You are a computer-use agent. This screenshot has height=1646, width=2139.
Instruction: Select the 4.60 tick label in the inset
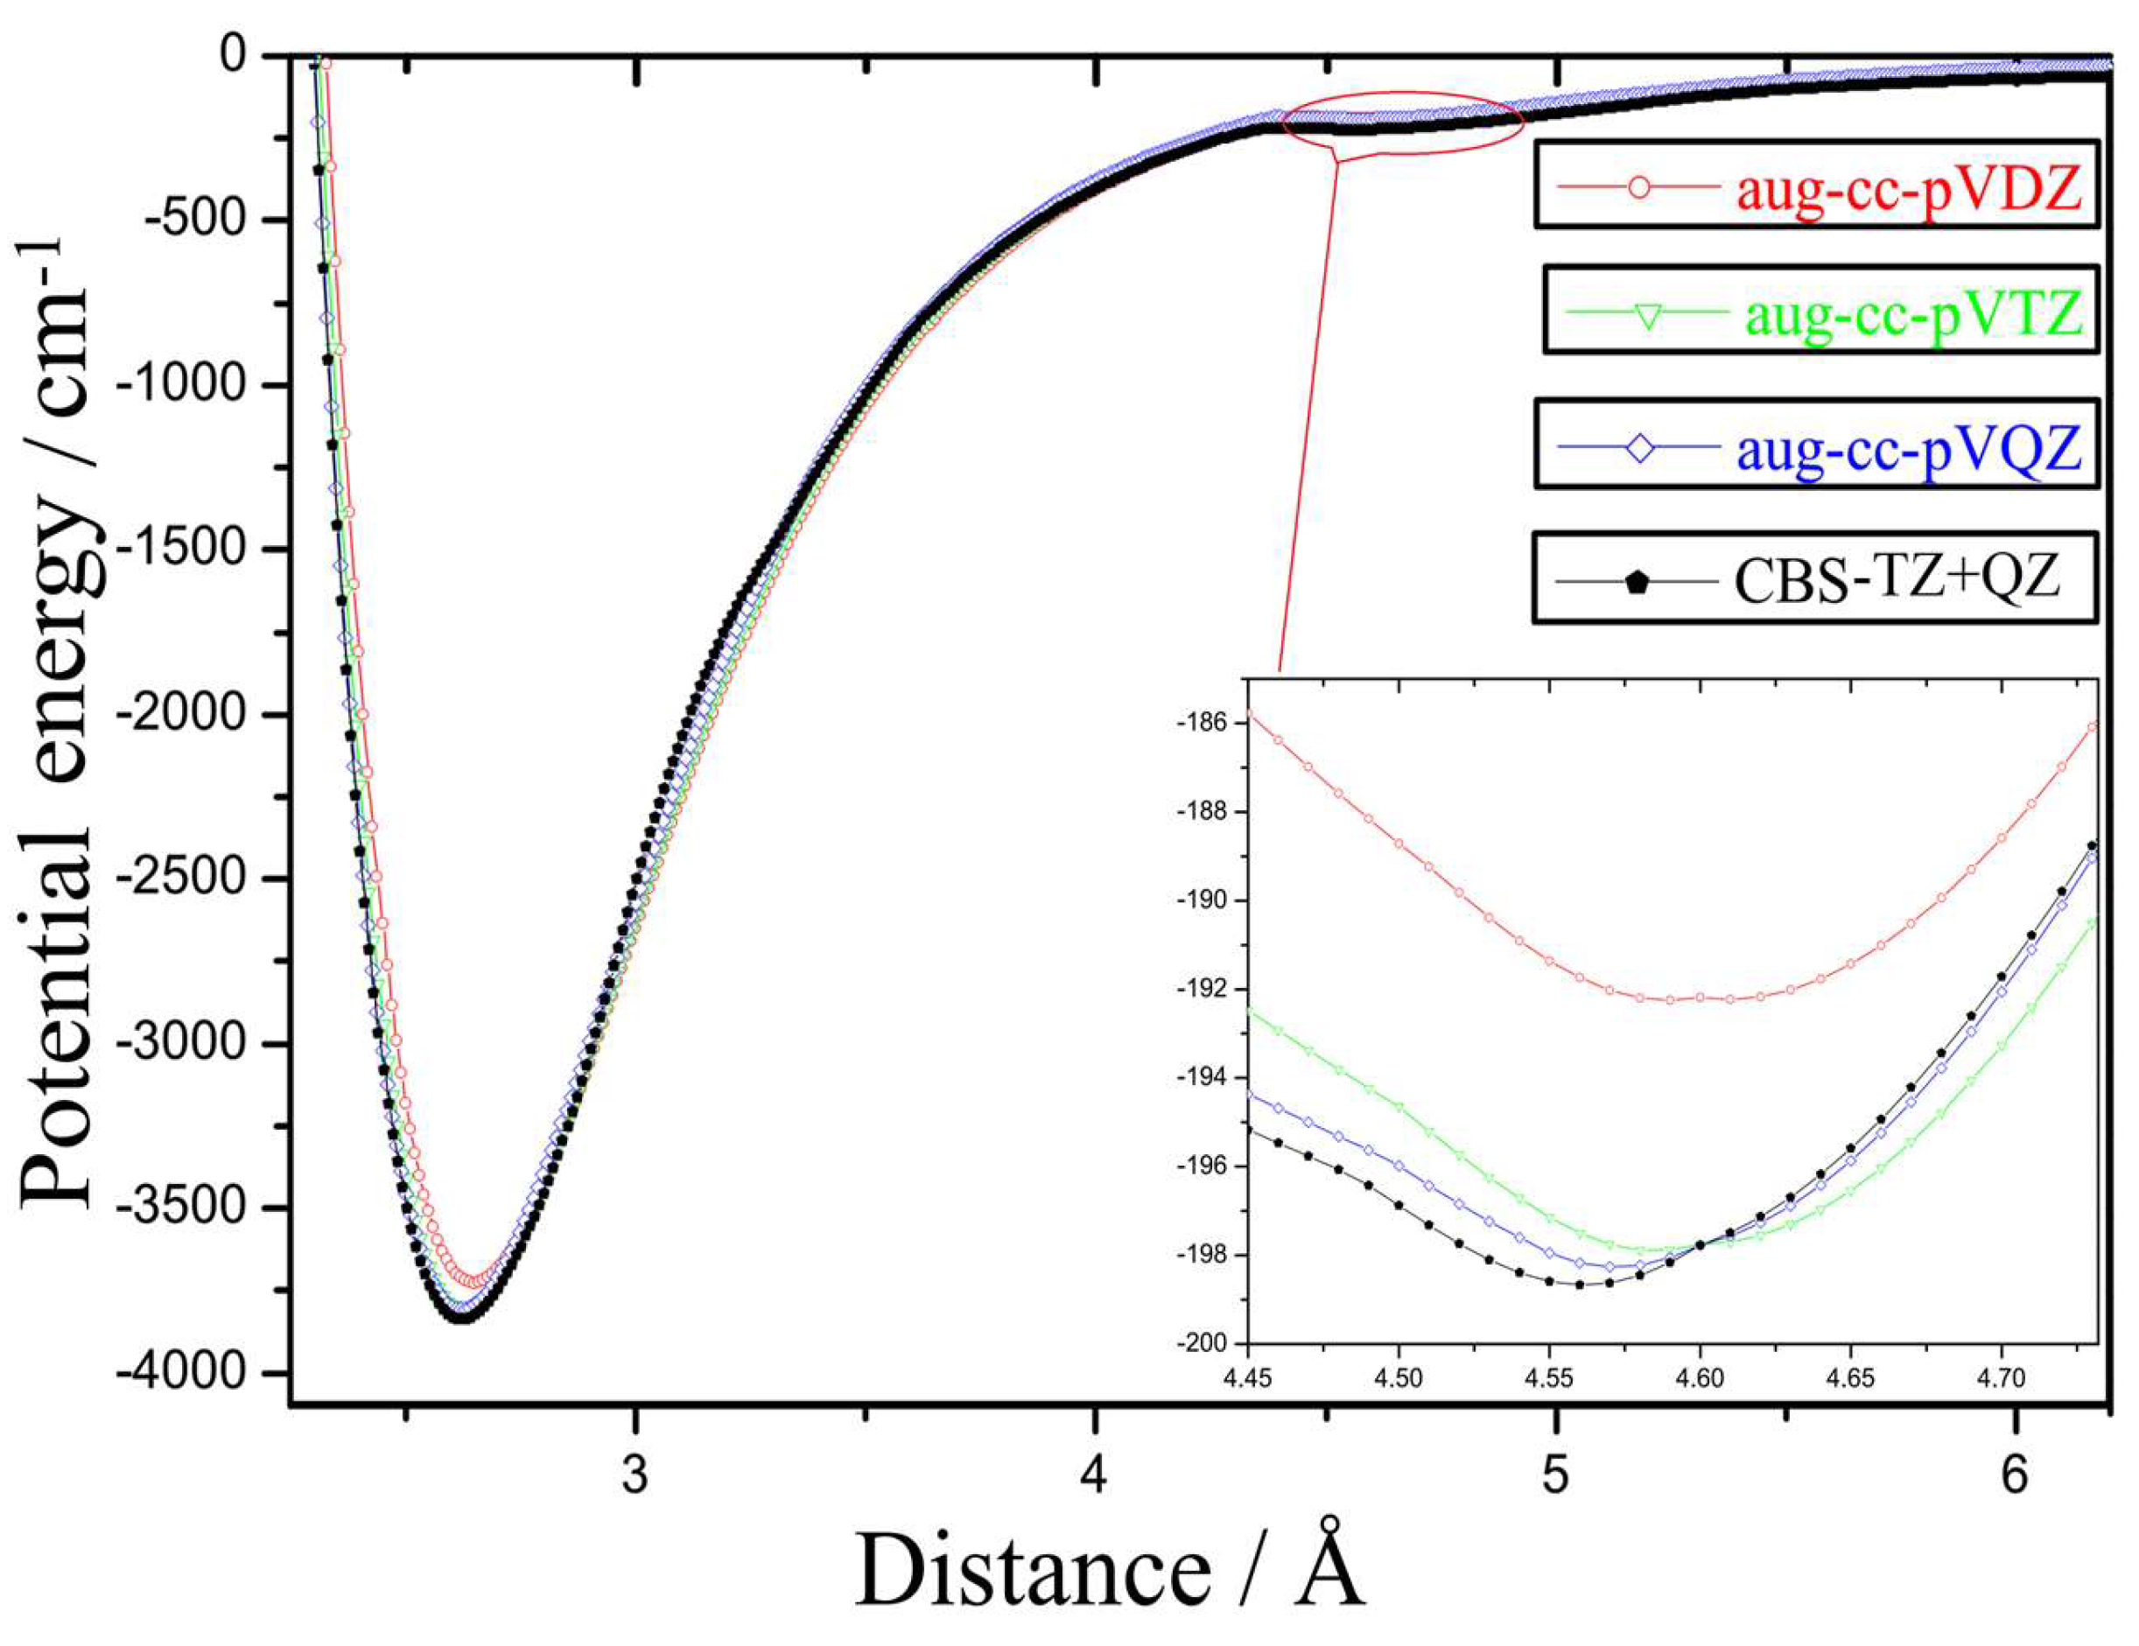click(x=1701, y=1379)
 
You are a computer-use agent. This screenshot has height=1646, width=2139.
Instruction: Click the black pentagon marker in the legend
click(x=1637, y=583)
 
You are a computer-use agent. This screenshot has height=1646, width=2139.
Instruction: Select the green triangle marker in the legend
click(x=1647, y=319)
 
